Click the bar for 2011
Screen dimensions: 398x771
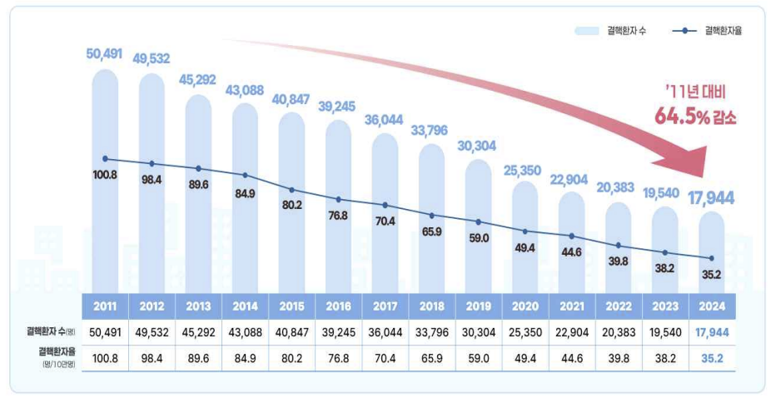click(105, 208)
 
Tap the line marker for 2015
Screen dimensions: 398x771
click(291, 190)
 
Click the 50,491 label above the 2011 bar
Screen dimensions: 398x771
click(104, 54)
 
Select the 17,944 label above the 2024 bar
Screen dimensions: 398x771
click(710, 197)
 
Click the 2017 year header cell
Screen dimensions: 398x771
click(385, 306)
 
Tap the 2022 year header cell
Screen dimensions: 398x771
click(618, 306)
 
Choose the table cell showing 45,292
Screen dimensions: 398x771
click(198, 331)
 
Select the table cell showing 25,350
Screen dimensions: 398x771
click(525, 331)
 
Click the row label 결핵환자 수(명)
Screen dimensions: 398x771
click(49, 331)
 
